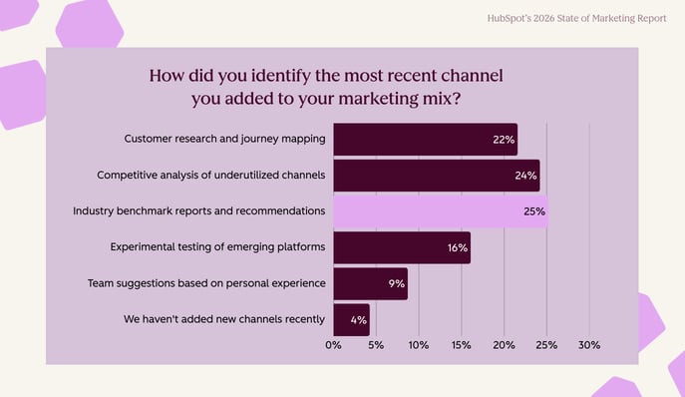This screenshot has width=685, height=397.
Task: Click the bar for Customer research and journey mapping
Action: (x=424, y=140)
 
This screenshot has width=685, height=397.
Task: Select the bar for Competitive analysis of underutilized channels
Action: (x=435, y=176)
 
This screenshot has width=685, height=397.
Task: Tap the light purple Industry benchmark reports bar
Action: (x=439, y=211)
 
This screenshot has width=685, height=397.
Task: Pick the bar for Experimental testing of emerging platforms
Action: (x=401, y=247)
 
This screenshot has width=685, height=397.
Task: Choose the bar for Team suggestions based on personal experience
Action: (x=370, y=284)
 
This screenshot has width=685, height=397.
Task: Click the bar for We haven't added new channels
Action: (x=351, y=320)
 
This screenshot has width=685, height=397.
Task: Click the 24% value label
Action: (x=525, y=176)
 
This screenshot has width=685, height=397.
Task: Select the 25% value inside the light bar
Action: (x=533, y=211)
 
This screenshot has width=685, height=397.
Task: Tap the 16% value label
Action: (x=457, y=247)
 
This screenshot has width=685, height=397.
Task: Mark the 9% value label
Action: (x=396, y=284)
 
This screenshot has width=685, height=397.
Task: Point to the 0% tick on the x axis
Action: (x=334, y=345)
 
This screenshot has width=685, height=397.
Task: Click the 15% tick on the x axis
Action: (x=462, y=345)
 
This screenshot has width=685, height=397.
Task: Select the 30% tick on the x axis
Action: (x=589, y=345)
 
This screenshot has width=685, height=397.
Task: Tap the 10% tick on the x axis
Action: (x=419, y=345)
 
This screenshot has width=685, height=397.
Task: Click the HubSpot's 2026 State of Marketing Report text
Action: (x=576, y=19)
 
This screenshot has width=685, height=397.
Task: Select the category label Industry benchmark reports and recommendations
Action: (x=199, y=211)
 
